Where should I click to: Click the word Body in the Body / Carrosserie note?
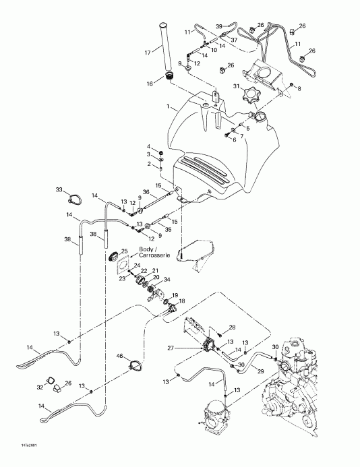(146, 250)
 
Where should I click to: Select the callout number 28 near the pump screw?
(233, 327)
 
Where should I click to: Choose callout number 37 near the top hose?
(234, 40)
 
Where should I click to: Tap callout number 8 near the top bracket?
(300, 88)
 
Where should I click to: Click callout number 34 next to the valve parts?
(167, 279)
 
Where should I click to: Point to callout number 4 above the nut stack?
(149, 146)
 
